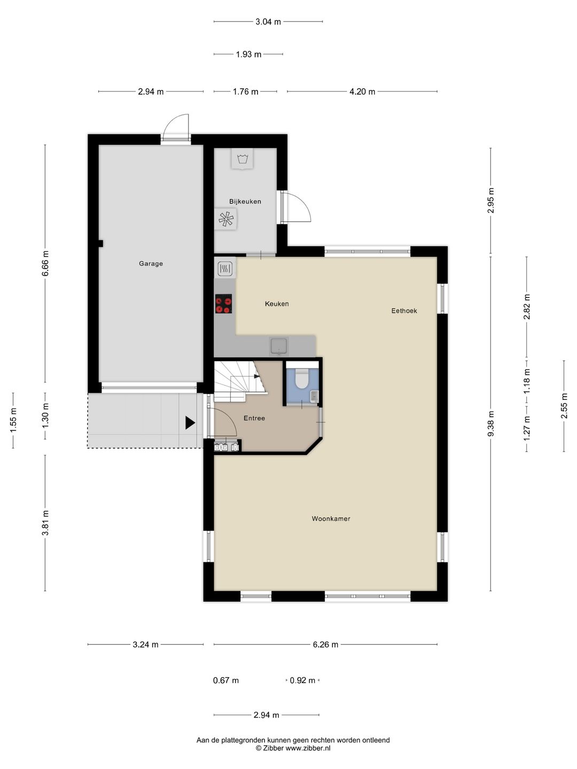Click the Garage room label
151,263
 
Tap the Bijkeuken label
245,201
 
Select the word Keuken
277,304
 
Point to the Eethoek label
404,310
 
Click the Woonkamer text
331,519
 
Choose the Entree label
254,418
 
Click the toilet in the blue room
301,378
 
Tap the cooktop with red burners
223,304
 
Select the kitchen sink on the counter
278,346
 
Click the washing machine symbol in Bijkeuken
243,159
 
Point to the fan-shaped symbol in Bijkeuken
225,218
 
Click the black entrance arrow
190,422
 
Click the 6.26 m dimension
325,645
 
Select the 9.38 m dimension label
491,423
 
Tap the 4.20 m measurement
362,91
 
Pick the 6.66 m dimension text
45,263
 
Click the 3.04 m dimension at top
268,22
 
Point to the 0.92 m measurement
302,680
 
